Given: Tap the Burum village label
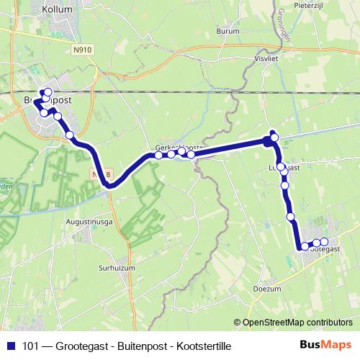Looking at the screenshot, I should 226,32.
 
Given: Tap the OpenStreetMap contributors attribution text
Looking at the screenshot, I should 297,322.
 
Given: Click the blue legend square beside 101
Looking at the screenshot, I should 11,346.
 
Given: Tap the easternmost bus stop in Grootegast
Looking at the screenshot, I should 324,242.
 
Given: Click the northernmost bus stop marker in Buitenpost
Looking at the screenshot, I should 48,91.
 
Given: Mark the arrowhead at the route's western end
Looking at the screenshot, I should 36,101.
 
